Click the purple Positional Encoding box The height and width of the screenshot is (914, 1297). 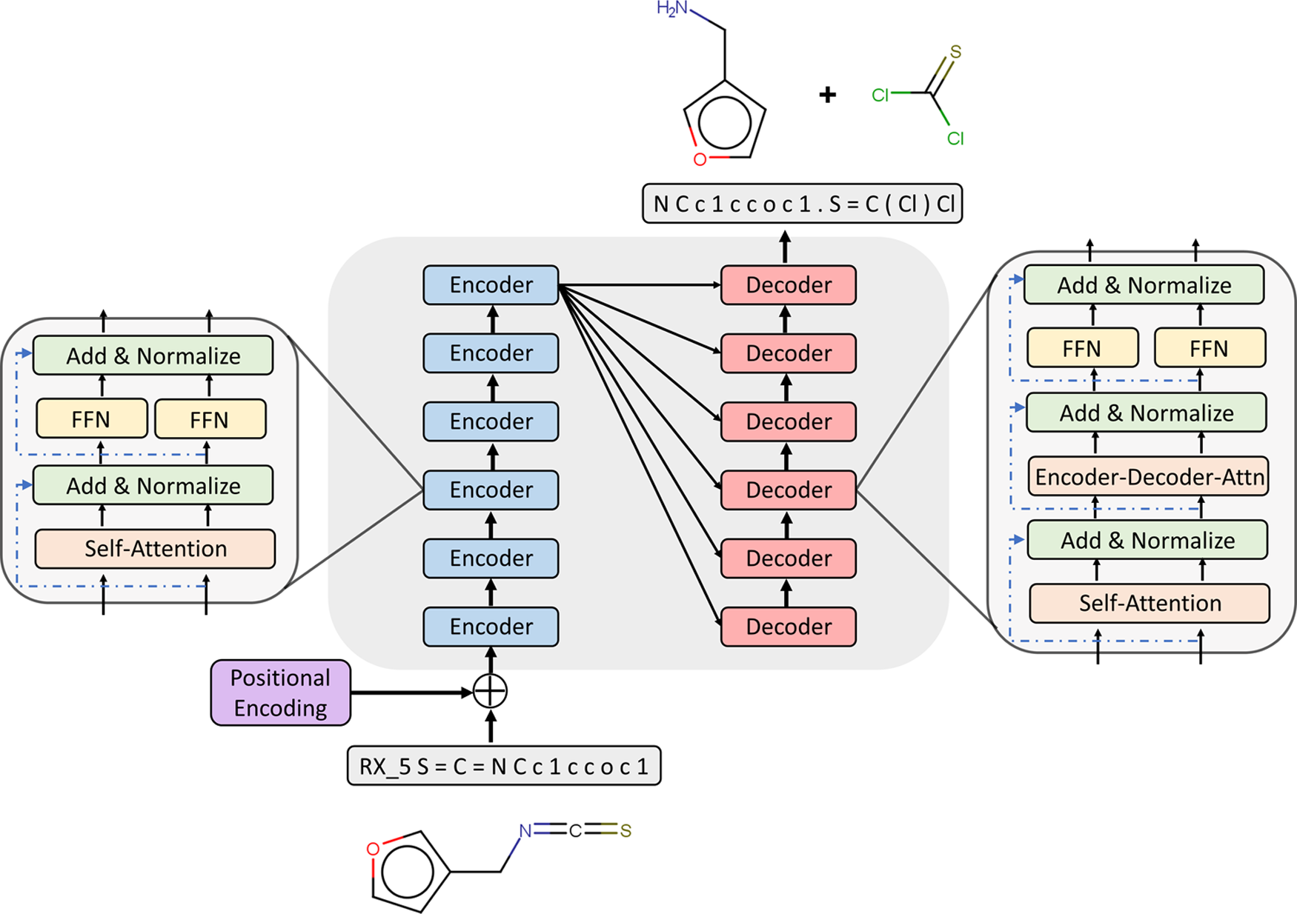(x=280, y=693)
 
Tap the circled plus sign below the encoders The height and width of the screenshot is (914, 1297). (x=490, y=692)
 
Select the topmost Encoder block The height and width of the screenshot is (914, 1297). (x=491, y=285)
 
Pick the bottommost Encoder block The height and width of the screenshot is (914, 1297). (x=491, y=627)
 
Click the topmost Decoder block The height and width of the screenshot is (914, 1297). (x=789, y=285)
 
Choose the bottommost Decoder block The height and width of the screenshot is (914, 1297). (x=789, y=627)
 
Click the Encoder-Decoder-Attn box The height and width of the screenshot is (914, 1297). (x=1148, y=477)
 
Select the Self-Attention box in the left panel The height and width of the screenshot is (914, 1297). (x=155, y=549)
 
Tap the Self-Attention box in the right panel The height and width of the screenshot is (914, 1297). (x=1150, y=604)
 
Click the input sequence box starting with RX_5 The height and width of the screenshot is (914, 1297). (x=504, y=766)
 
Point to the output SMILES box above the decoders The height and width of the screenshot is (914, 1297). (x=803, y=204)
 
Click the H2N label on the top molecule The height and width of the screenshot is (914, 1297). (x=672, y=10)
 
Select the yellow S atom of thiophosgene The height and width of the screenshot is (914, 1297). (x=955, y=52)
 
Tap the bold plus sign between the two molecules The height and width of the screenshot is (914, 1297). (x=828, y=95)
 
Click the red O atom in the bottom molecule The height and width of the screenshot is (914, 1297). (x=374, y=849)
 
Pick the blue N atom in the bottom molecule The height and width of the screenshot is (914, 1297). (x=525, y=831)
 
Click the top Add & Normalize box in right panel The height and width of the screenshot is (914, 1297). (x=1144, y=285)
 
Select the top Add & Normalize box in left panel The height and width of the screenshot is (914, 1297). (x=153, y=356)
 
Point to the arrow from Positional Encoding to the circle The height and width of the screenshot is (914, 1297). (x=411, y=693)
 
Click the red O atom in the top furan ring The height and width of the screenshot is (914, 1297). (x=700, y=159)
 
